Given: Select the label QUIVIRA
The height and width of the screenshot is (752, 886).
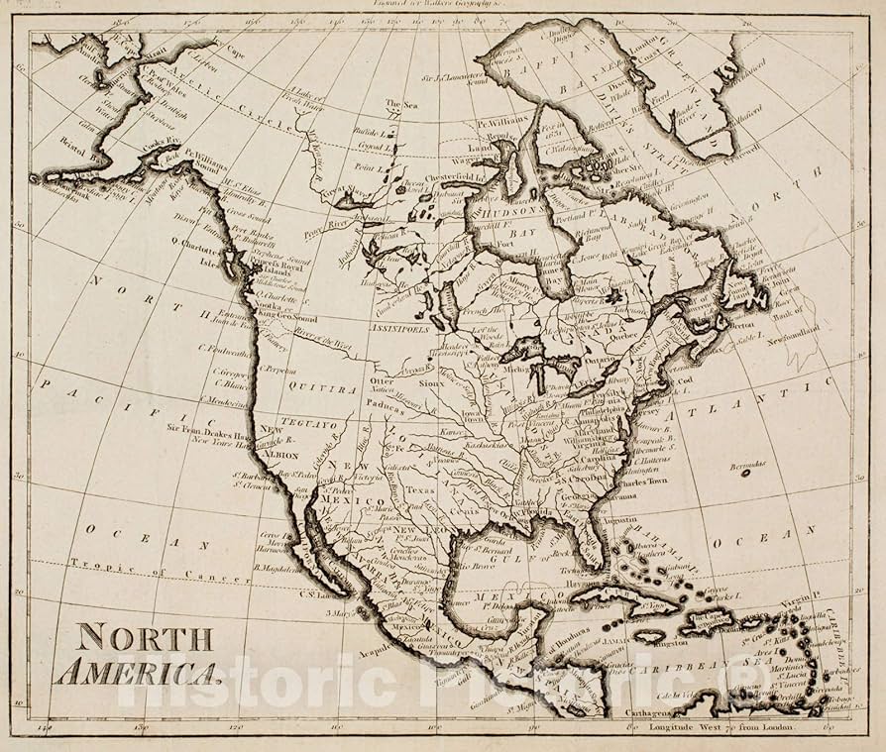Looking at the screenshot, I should coord(324,390).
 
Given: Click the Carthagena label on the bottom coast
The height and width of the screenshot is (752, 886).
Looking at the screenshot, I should coord(650,711).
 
